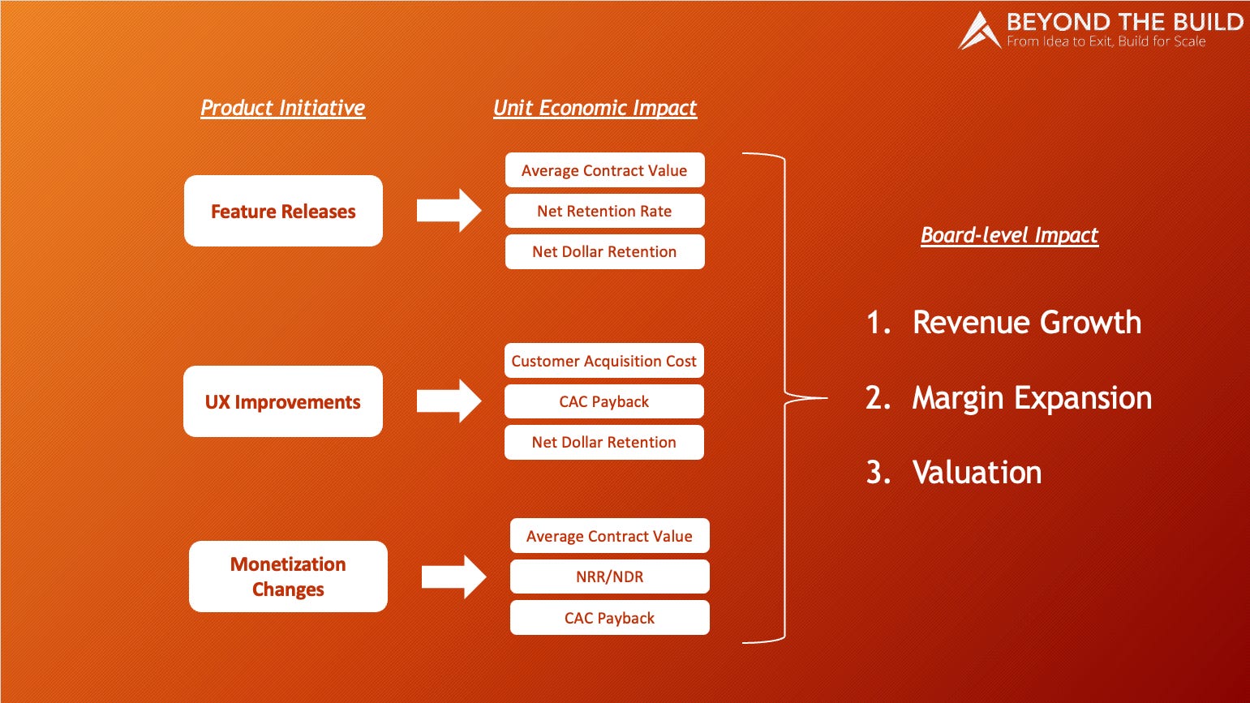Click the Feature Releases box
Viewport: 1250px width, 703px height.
[x=283, y=211]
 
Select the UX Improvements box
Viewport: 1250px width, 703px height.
[x=282, y=401]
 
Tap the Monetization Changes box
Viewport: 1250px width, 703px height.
[x=288, y=577]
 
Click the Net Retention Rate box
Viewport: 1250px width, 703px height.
[x=604, y=211]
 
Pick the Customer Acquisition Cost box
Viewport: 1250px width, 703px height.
[x=604, y=361]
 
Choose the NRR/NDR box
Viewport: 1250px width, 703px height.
[x=609, y=577]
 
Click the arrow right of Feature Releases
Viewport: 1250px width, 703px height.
[x=449, y=211]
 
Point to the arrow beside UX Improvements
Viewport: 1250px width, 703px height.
[x=449, y=401]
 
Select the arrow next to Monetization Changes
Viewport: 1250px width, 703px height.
[x=453, y=577]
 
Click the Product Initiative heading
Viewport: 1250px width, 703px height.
[x=283, y=108]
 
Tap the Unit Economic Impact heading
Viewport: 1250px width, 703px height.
[x=595, y=108]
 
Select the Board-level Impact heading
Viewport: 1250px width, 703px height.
[x=1009, y=235]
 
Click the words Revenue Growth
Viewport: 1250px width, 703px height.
[x=1026, y=323]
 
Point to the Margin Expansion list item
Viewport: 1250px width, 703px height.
[x=1032, y=398]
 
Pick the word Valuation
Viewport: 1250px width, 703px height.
[x=977, y=473]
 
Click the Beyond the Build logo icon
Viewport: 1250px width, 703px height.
[x=979, y=32]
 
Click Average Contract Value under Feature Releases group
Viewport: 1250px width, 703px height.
[x=604, y=170]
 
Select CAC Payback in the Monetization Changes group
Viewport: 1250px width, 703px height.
[x=609, y=618]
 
